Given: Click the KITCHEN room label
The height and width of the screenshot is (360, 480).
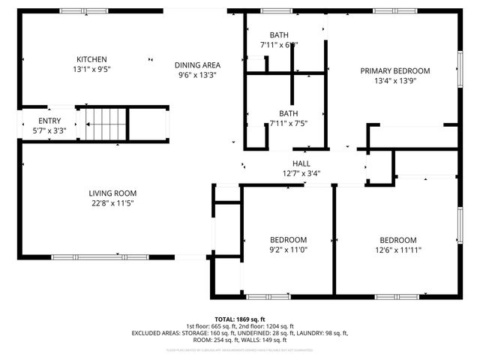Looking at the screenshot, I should [91, 59].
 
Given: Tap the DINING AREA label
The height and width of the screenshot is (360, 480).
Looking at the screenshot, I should [198, 64].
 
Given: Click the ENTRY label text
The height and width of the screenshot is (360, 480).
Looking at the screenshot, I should [49, 121].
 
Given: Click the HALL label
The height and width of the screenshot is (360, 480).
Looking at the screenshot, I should [301, 163].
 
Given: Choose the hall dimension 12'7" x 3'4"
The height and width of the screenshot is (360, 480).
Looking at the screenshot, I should [301, 173].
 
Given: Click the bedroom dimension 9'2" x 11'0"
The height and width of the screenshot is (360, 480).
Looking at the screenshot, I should [289, 250].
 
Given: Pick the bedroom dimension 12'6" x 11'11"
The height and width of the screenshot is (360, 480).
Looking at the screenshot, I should [397, 250].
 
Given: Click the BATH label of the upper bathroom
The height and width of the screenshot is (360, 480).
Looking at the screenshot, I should [279, 35].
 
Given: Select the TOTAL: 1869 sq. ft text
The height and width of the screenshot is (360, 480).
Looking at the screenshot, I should [240, 319].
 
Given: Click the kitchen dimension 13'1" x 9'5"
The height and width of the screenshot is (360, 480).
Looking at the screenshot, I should [91, 69].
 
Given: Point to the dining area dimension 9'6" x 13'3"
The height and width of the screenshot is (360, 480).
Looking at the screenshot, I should [198, 74].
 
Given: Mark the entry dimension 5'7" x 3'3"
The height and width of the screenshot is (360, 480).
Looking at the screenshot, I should [49, 130].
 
